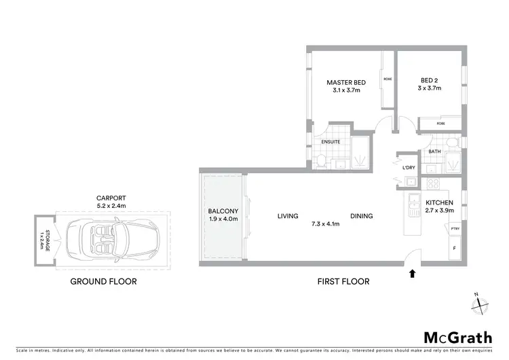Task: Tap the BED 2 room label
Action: pyautogui.click(x=429, y=79)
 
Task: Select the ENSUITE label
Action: pyautogui.click(x=332, y=141)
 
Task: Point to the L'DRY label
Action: pyautogui.click(x=409, y=168)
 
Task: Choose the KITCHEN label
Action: pyautogui.click(x=439, y=202)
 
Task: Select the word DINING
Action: pyautogui.click(x=362, y=217)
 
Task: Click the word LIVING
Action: pyautogui.click(x=288, y=217)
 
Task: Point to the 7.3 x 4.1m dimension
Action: pyautogui.click(x=325, y=223)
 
